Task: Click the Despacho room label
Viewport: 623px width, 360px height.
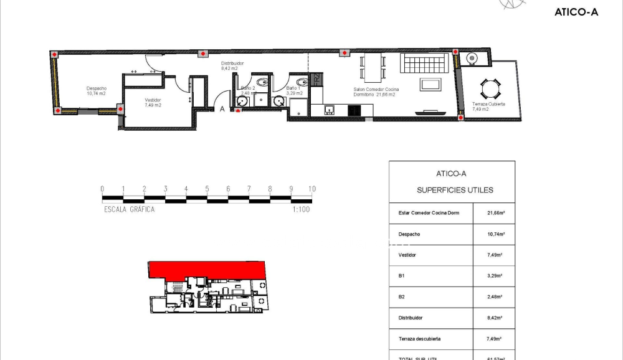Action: [96, 91]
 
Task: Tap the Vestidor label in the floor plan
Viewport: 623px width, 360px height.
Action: [153, 103]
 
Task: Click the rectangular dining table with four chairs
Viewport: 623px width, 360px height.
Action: [374, 67]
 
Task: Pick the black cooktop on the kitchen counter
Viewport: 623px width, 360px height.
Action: [354, 111]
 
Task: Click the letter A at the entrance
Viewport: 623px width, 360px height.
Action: [222, 110]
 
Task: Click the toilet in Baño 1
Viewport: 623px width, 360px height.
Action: [301, 82]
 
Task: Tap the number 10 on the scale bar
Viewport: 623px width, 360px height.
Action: [311, 189]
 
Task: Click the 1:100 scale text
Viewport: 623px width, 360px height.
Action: [301, 209]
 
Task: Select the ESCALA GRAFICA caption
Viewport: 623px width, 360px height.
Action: [129, 209]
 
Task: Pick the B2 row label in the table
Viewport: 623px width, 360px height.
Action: [402, 296]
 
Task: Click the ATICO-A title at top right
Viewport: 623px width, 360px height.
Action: [576, 12]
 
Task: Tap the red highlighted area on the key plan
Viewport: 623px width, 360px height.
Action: [206, 269]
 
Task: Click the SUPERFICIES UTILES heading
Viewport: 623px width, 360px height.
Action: [455, 190]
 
